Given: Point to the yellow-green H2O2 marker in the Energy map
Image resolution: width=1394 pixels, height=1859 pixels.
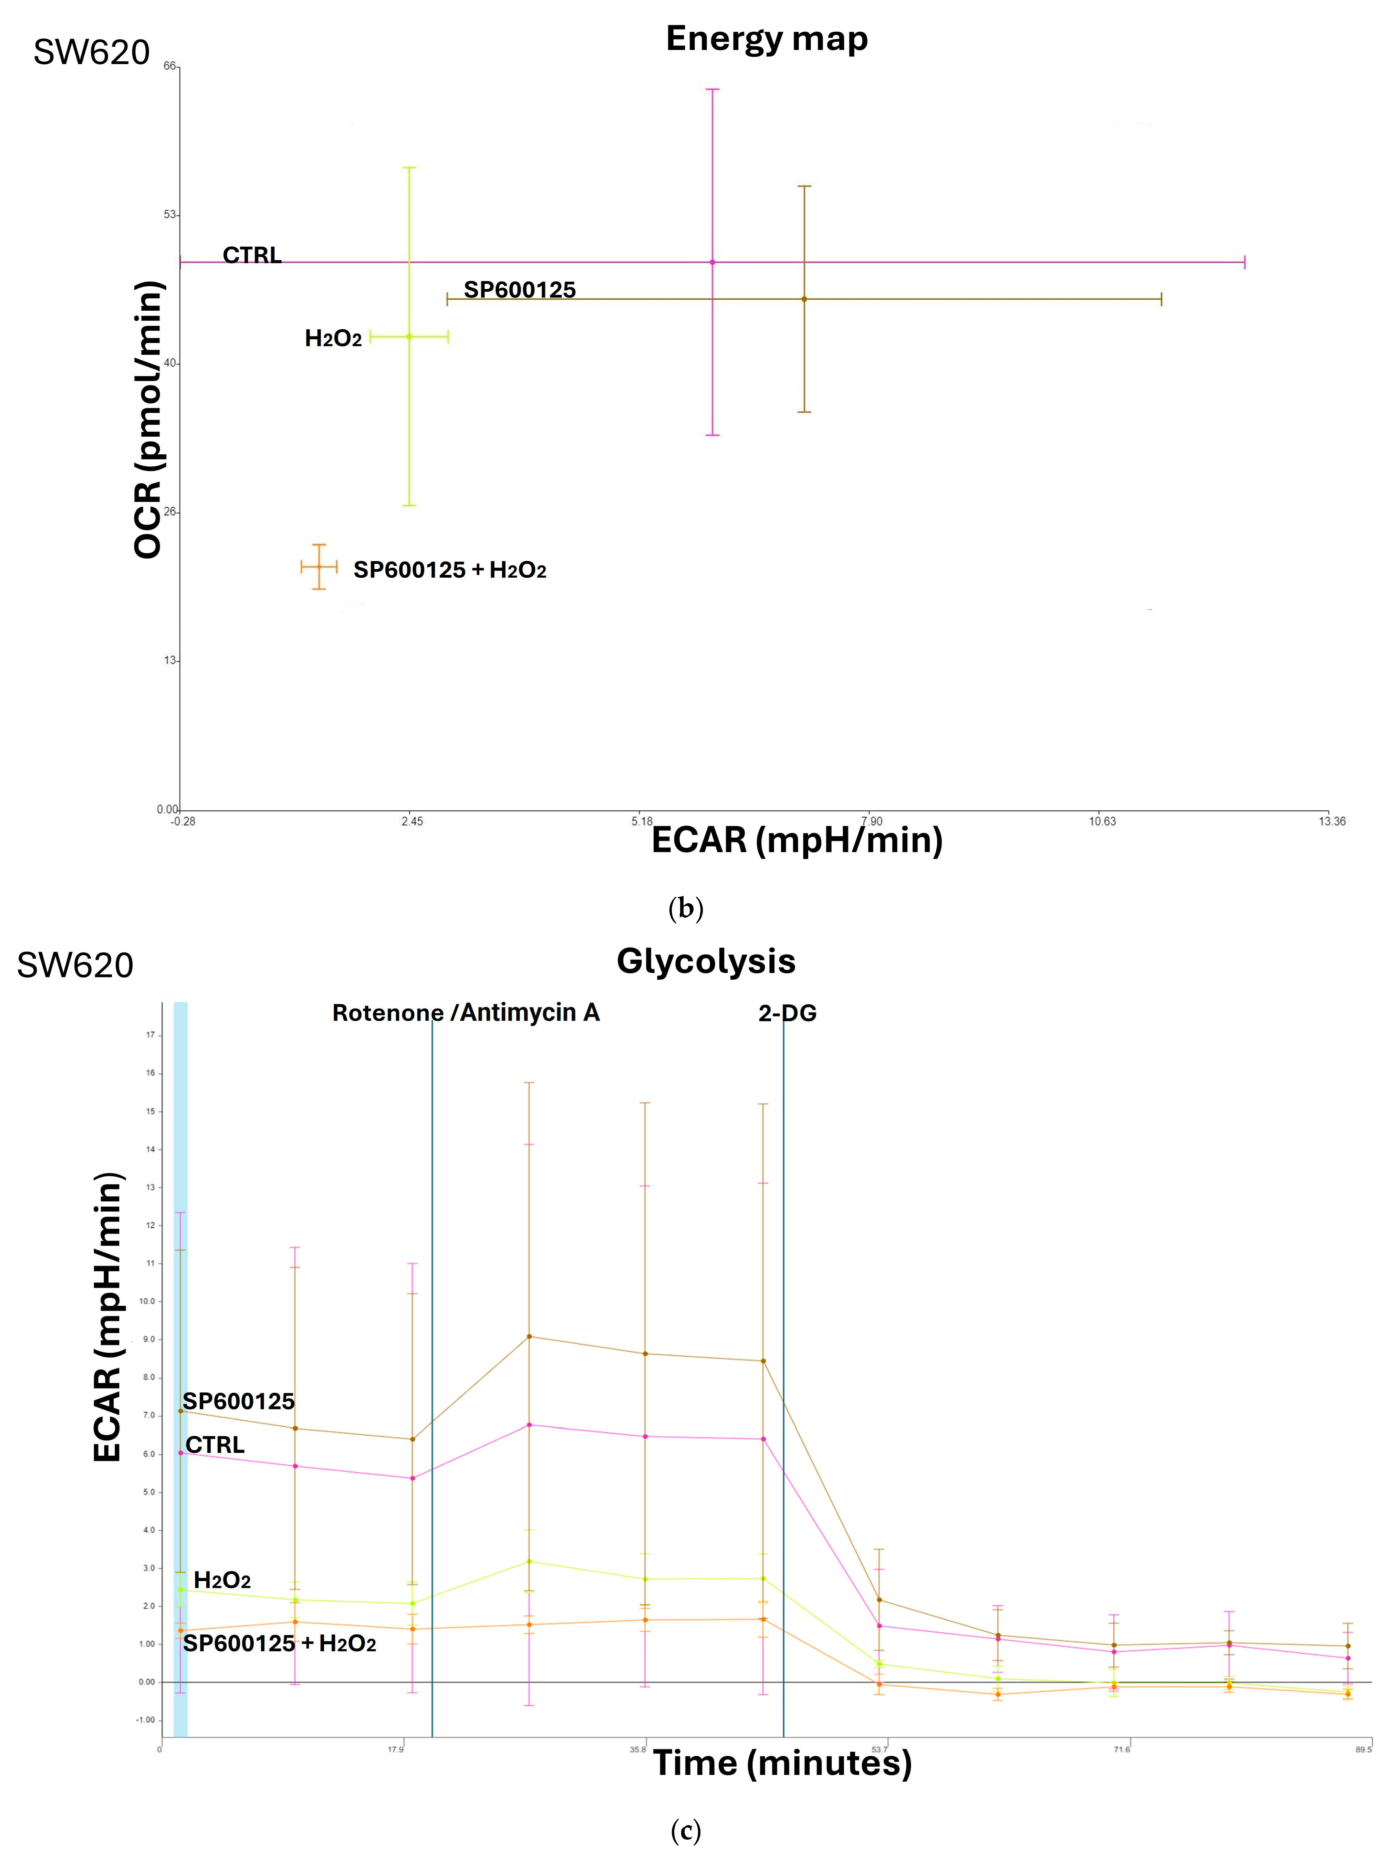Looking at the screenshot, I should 409,337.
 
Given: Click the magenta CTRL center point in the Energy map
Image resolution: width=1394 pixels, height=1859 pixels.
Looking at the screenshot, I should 712,262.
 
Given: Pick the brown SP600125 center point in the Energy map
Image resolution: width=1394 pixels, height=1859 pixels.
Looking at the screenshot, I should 804,299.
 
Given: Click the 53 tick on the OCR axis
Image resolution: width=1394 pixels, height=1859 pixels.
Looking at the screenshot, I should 170,214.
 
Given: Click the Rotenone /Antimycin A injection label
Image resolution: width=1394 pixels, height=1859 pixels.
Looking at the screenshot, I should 466,1013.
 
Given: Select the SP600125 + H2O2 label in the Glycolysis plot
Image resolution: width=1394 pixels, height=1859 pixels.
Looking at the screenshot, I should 279,1643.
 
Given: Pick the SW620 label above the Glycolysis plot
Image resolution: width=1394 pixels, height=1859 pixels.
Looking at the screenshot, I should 75,965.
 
